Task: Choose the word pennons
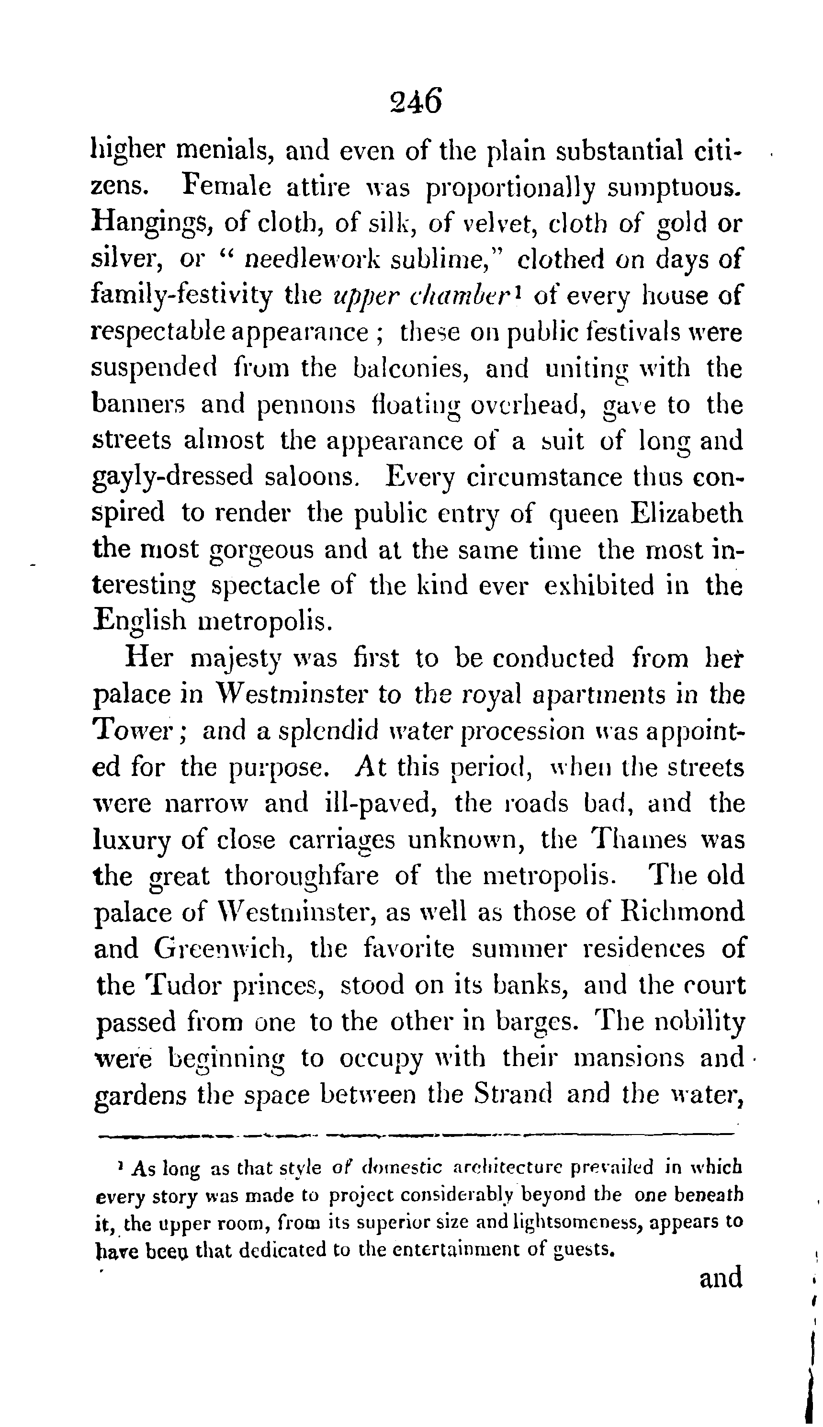pos(306,405)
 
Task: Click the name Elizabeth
pos(685,513)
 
